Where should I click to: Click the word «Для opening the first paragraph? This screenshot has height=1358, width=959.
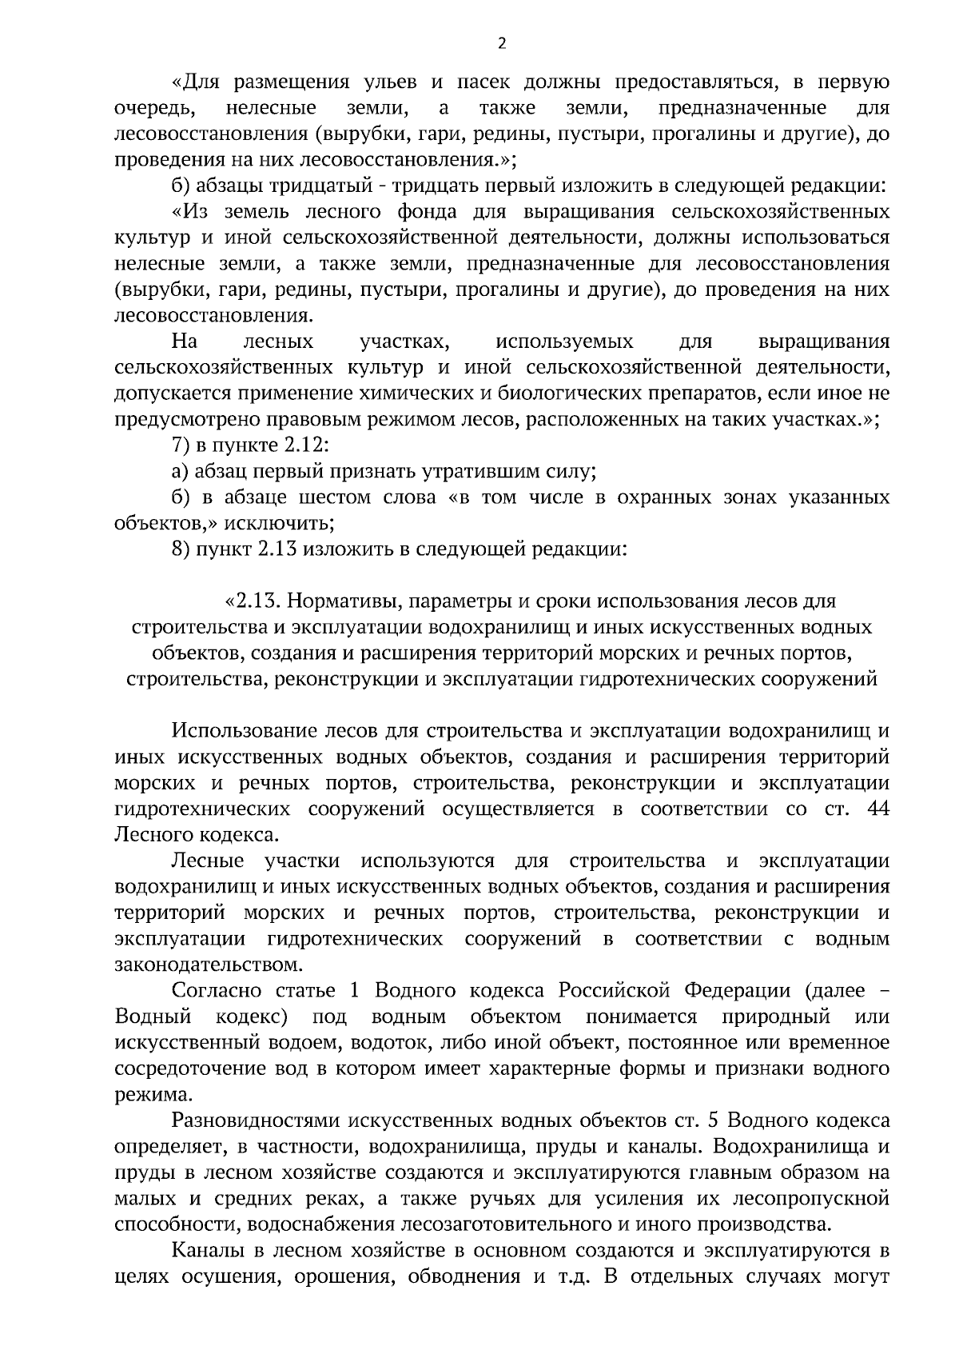[194, 82]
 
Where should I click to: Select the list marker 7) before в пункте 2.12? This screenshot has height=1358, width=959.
[181, 445]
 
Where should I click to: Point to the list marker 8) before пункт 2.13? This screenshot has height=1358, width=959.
[181, 549]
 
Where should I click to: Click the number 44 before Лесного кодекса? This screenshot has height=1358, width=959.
[877, 809]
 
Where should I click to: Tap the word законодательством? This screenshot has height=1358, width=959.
[210, 965]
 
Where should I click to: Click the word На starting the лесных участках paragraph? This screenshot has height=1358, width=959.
[185, 342]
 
